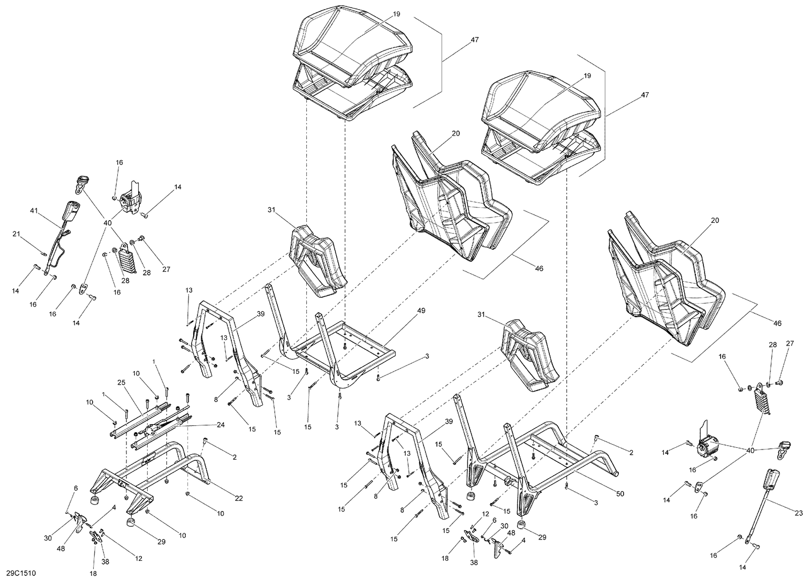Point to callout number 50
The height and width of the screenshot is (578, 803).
pyautogui.click(x=620, y=493)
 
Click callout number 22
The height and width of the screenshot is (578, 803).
pyautogui.click(x=238, y=498)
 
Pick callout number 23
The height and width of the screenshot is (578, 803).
pyautogui.click(x=798, y=513)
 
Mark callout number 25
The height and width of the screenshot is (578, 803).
pyautogui.click(x=121, y=382)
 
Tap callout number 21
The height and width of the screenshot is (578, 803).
pyautogui.click(x=16, y=234)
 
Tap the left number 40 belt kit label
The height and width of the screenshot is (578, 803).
pyautogui.click(x=108, y=222)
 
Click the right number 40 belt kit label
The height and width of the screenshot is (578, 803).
pyautogui.click(x=749, y=451)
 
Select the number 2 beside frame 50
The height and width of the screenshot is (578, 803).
pyautogui.click(x=631, y=453)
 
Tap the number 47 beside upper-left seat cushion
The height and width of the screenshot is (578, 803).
pyautogui.click(x=474, y=40)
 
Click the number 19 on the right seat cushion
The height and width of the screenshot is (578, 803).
pyautogui.click(x=587, y=76)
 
